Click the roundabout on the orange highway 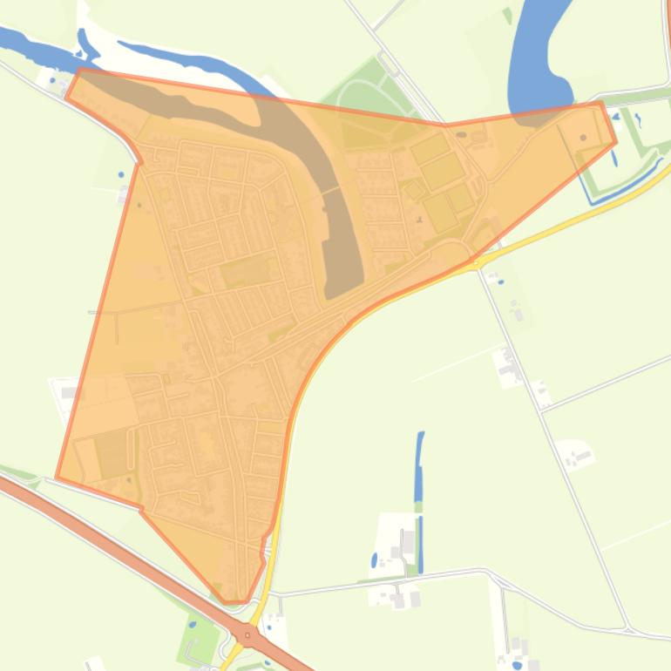click(x=248, y=635)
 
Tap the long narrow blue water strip click(x=419, y=488)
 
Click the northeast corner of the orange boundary click(x=601, y=103)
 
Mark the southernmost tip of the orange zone click(x=234, y=602)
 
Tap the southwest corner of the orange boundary click(x=58, y=478)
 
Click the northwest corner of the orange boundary click(x=79, y=70)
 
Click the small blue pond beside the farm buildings click(x=375, y=559)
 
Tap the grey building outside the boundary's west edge click(x=68, y=393)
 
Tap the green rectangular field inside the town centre click(x=247, y=273)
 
